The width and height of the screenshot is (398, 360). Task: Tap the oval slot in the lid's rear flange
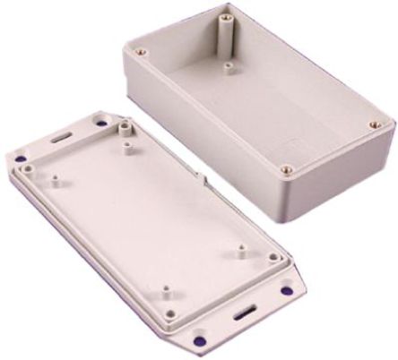(x=60, y=138)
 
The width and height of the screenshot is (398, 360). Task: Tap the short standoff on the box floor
(x=229, y=67)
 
